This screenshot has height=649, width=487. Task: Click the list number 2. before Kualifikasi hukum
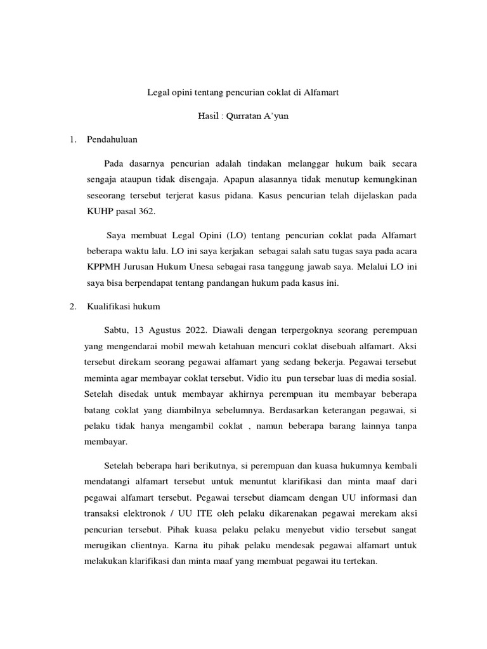click(x=72, y=306)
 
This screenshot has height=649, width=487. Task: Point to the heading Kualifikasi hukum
click(x=123, y=306)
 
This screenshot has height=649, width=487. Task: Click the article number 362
click(x=142, y=212)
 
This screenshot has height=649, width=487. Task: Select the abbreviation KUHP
click(x=98, y=212)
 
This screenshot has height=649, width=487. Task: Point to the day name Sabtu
click(x=115, y=330)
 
